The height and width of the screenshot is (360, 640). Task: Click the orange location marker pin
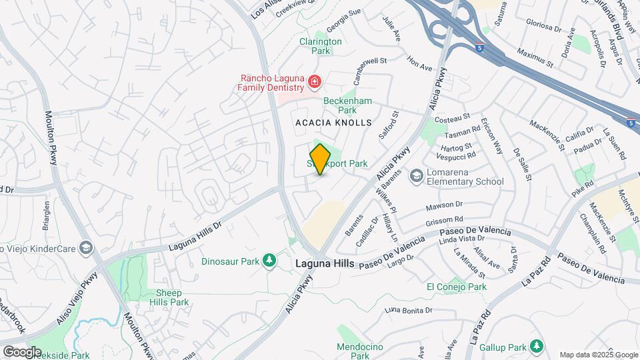click(321, 159)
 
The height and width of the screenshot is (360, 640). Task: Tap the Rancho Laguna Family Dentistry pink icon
click(315, 83)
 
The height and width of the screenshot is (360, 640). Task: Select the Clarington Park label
click(320, 46)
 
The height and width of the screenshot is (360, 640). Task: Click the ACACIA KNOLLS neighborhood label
click(333, 123)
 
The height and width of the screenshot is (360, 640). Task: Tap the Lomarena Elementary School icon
click(417, 175)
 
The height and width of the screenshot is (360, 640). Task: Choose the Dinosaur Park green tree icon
click(270, 260)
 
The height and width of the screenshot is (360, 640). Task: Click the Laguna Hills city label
click(325, 264)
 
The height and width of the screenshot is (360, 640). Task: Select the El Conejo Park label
click(457, 287)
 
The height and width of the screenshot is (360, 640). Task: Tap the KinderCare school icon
click(85, 248)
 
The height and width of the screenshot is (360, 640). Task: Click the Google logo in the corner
click(22, 351)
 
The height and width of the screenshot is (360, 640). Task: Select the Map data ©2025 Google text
click(598, 355)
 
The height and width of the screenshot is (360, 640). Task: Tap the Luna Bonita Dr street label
click(409, 310)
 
